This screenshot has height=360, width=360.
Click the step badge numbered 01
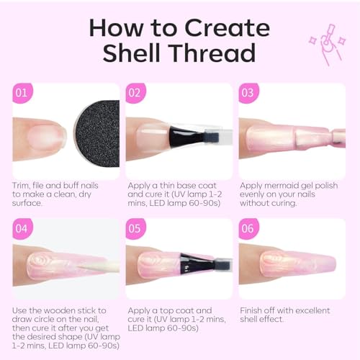[x=22, y=93]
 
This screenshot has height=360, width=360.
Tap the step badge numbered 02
[x=135, y=93]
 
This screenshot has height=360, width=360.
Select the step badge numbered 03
[x=248, y=93]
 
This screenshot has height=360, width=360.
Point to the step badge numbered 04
[x=22, y=229]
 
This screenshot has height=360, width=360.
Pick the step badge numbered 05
[x=135, y=229]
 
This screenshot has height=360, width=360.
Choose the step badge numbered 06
[x=248, y=229]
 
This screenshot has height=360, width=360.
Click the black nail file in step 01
[x=98, y=133]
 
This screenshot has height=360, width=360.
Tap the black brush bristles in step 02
[x=185, y=137]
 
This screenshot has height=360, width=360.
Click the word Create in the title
[x=228, y=28]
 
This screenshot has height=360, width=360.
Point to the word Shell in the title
[x=132, y=53]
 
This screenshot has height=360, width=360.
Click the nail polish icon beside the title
[x=328, y=45]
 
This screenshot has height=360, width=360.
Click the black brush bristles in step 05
[x=196, y=264]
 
